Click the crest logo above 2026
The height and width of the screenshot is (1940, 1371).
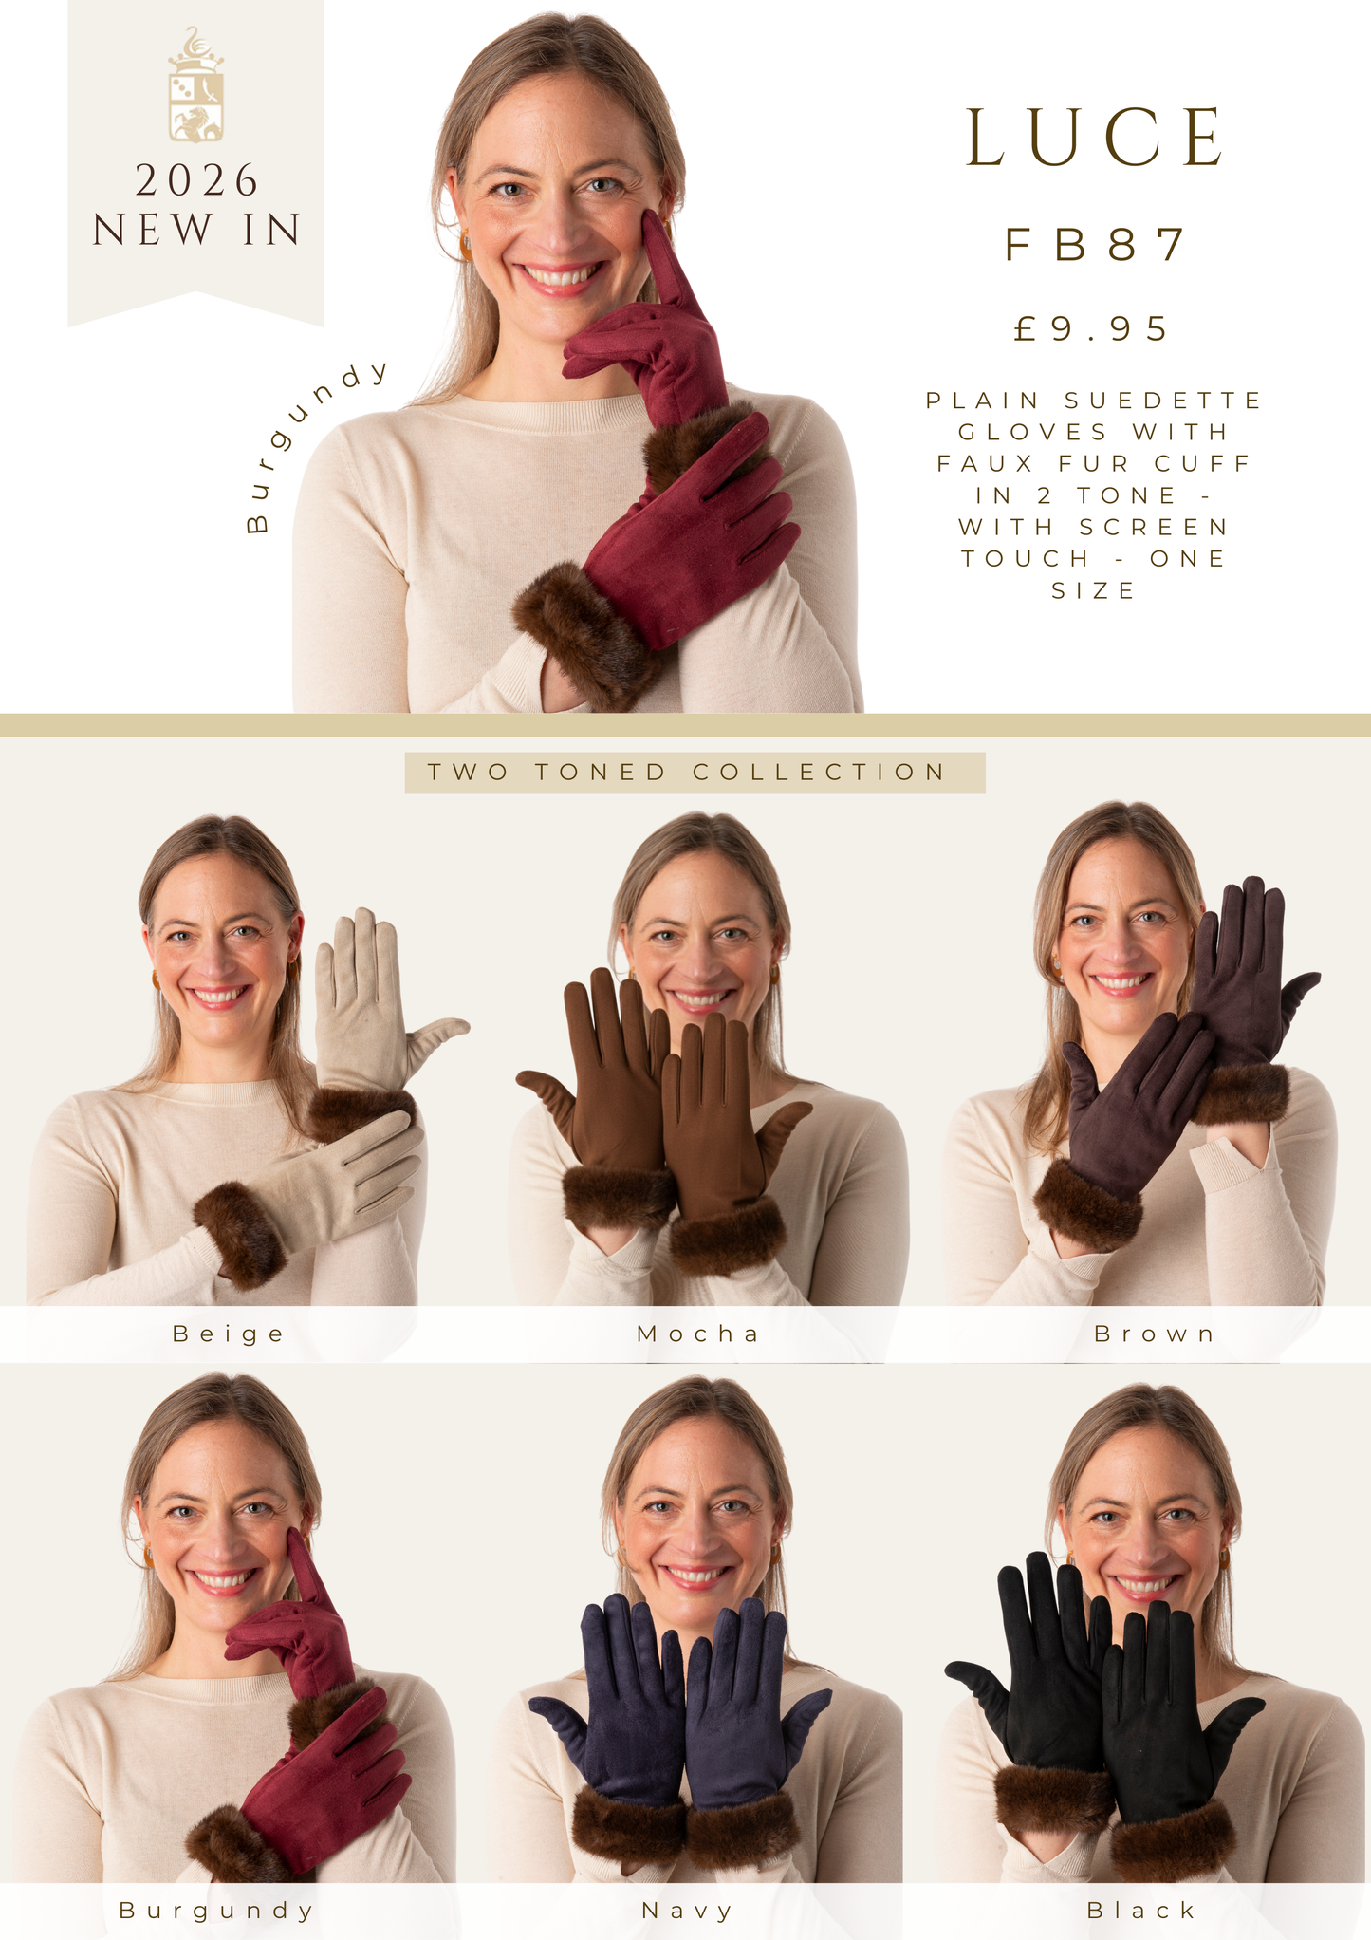[196, 84]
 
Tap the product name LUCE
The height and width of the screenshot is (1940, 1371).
[1096, 138]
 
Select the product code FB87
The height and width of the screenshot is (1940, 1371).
[1096, 244]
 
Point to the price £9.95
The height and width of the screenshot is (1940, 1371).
[1092, 328]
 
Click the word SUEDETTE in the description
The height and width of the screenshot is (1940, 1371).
[1163, 401]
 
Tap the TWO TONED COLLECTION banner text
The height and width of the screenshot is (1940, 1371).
[687, 772]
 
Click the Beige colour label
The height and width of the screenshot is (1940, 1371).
[229, 1334]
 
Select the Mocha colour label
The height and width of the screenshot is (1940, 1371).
[698, 1334]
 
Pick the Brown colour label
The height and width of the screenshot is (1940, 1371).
[1155, 1334]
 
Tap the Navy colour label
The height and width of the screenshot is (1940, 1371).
[688, 1911]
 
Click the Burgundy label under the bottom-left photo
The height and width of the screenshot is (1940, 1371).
[216, 1911]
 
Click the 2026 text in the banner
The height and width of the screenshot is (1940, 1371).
[196, 180]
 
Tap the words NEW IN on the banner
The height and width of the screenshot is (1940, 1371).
[196, 230]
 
